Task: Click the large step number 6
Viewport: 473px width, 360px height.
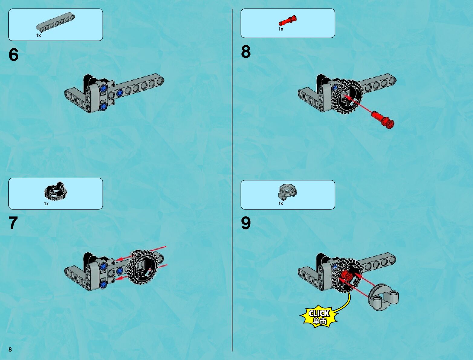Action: pos(13,54)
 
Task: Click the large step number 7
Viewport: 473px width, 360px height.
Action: pos(13,223)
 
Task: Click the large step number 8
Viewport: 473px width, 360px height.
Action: pos(246,52)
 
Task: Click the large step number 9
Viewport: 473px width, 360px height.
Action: pos(246,223)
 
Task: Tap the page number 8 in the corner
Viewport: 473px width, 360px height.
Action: pos(10,349)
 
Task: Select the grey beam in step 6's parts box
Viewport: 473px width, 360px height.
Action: pos(56,22)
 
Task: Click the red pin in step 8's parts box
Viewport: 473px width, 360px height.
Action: pos(287,21)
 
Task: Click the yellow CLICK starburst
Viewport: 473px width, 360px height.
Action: pos(319,316)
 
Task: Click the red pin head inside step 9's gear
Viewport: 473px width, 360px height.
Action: pos(346,276)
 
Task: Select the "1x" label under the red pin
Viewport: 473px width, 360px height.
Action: pos(281,29)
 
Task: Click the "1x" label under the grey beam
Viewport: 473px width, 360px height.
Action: pos(39,35)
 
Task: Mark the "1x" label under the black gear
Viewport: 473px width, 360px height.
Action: pos(46,204)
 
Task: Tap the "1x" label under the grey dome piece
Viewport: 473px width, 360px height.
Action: pos(281,203)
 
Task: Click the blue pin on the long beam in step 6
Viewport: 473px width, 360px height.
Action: pos(120,93)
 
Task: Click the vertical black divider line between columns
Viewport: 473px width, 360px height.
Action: pos(232,180)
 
